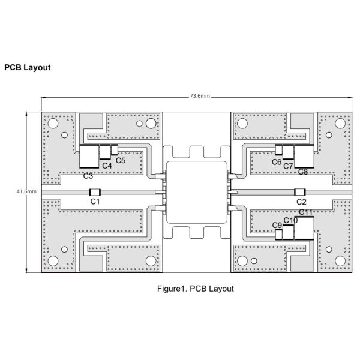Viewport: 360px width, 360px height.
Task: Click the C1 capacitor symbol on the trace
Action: [x=94, y=192]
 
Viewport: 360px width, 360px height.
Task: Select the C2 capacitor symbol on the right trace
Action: [x=300, y=192]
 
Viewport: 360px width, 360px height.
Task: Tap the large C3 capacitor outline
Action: [x=89, y=157]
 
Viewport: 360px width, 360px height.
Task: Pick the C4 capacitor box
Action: [x=106, y=154]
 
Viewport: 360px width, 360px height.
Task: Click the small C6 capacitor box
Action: [x=279, y=150]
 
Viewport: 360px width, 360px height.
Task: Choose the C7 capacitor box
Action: [x=287, y=154]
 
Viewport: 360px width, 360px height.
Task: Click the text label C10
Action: [x=290, y=221]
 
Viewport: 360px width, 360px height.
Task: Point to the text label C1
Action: [x=95, y=202]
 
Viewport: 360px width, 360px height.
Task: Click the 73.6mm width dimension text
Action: [x=199, y=95]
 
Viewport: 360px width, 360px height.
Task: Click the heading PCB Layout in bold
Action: [x=28, y=68]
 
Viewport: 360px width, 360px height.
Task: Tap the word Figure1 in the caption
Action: [x=171, y=289]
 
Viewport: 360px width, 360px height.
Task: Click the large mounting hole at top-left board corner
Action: [x=53, y=124]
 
